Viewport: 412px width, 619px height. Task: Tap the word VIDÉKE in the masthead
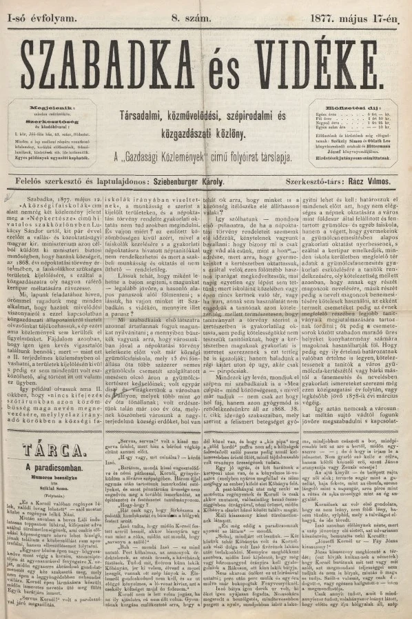click(330, 67)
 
